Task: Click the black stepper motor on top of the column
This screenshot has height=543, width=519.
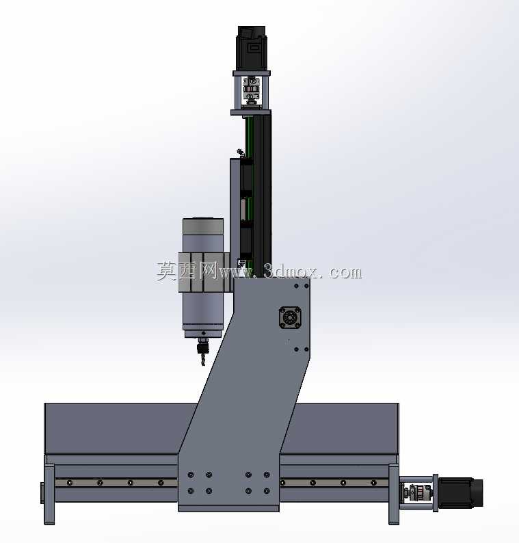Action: (x=252, y=48)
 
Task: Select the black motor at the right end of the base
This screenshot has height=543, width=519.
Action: (x=460, y=492)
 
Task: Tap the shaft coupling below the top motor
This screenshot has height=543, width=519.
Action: (x=252, y=90)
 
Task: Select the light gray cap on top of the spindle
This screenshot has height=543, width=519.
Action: (x=203, y=226)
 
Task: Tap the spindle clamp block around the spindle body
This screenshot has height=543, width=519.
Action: (x=204, y=273)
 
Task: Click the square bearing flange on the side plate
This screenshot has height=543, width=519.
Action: (x=290, y=317)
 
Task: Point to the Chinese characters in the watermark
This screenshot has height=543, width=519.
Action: (x=187, y=271)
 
